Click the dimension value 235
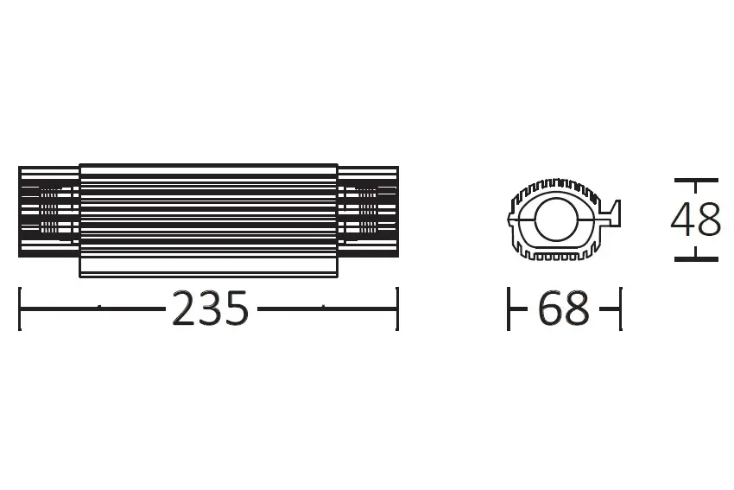tap(210, 309)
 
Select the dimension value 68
tap(563, 309)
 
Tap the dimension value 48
tap(696, 220)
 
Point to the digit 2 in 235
tap(187, 309)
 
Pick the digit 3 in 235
tap(211, 309)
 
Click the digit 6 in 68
tap(551, 309)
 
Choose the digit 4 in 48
tap(684, 220)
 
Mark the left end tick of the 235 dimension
tap(20, 309)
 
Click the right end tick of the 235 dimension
tap(397, 309)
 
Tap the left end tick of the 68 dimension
tap(509, 309)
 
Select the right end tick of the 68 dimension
tap(619, 309)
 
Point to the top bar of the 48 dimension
tap(696, 180)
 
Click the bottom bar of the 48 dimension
tap(696, 258)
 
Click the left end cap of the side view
tap(48, 212)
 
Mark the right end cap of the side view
tap(368, 212)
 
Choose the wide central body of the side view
tap(208, 220)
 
